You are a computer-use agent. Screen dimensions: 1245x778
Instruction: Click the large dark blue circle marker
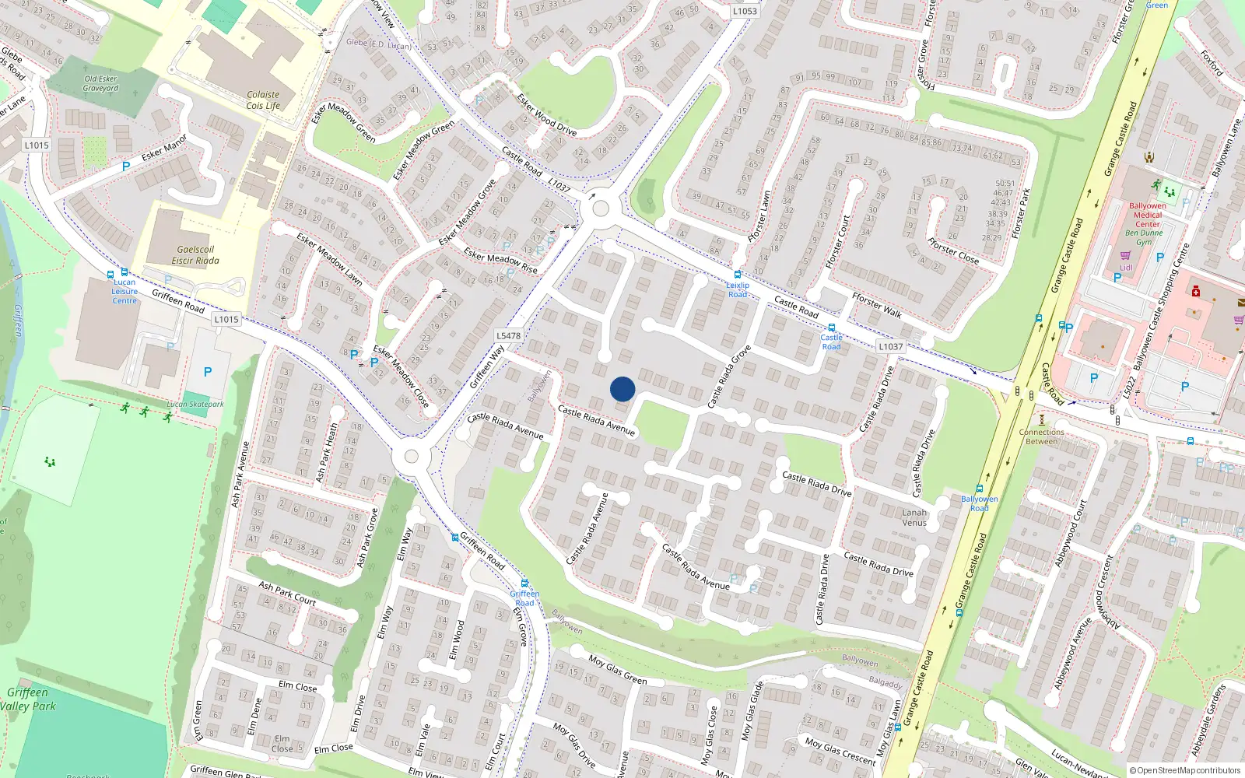click(x=622, y=389)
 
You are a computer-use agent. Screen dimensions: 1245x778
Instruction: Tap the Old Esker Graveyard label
click(x=101, y=83)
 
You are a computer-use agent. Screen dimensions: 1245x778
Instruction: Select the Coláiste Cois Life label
click(x=263, y=100)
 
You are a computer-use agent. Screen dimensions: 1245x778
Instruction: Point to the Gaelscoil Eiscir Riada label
click(x=195, y=255)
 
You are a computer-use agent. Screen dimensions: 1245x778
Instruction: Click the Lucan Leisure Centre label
click(x=124, y=292)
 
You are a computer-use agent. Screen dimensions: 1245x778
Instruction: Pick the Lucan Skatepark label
click(x=195, y=405)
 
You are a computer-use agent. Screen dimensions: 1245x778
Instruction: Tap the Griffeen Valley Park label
click(x=29, y=699)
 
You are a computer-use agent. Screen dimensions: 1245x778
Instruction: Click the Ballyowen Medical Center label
click(x=1148, y=215)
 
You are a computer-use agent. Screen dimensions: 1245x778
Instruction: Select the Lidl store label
click(x=1126, y=268)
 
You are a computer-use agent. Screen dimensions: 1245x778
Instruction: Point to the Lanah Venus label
click(x=914, y=517)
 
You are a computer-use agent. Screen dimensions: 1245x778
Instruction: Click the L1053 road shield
click(x=745, y=11)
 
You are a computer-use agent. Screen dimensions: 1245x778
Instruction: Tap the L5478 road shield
click(x=508, y=336)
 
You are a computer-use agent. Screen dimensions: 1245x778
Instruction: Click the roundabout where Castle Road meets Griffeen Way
click(x=600, y=209)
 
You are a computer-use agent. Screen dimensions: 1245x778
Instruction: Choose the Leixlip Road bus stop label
click(x=738, y=289)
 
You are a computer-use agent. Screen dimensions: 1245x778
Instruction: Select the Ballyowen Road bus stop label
click(x=979, y=503)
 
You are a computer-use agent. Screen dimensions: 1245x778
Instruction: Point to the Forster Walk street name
click(x=877, y=305)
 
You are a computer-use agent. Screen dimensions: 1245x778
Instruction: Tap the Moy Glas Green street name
click(x=618, y=668)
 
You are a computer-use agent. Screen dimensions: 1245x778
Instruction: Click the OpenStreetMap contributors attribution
click(x=1185, y=770)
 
